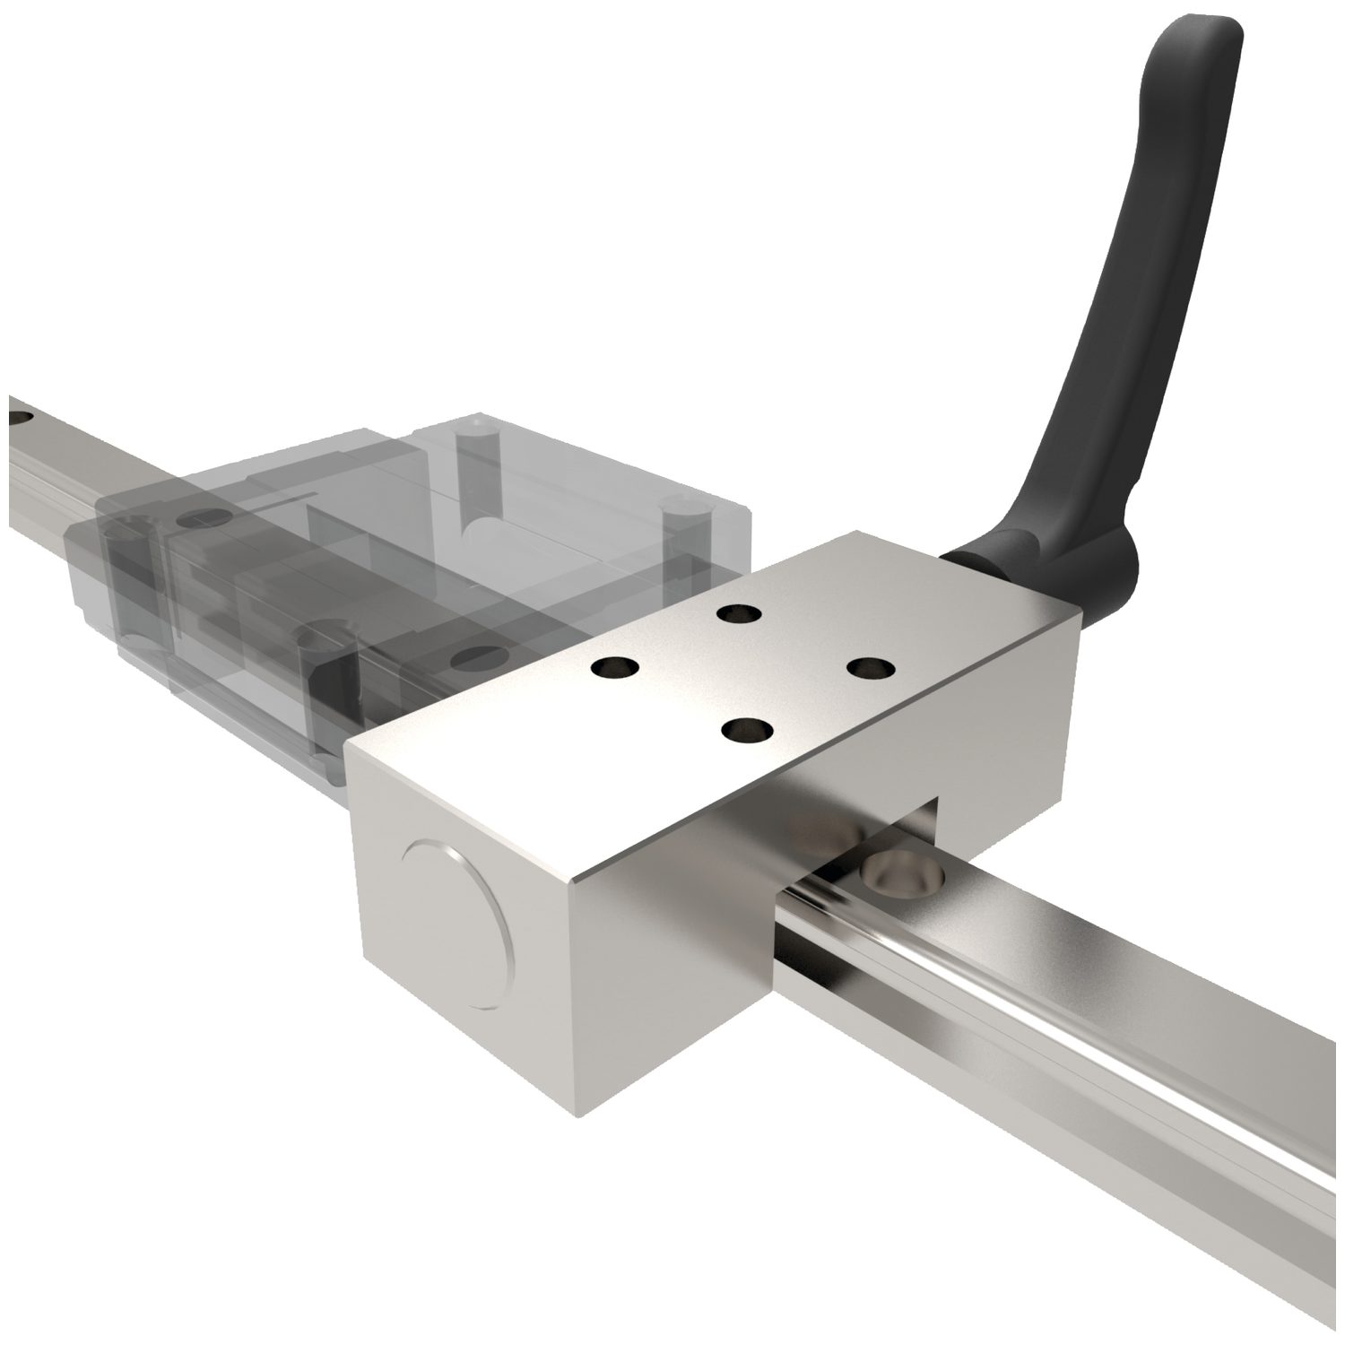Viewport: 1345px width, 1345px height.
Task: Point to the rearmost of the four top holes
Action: point(739,613)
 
